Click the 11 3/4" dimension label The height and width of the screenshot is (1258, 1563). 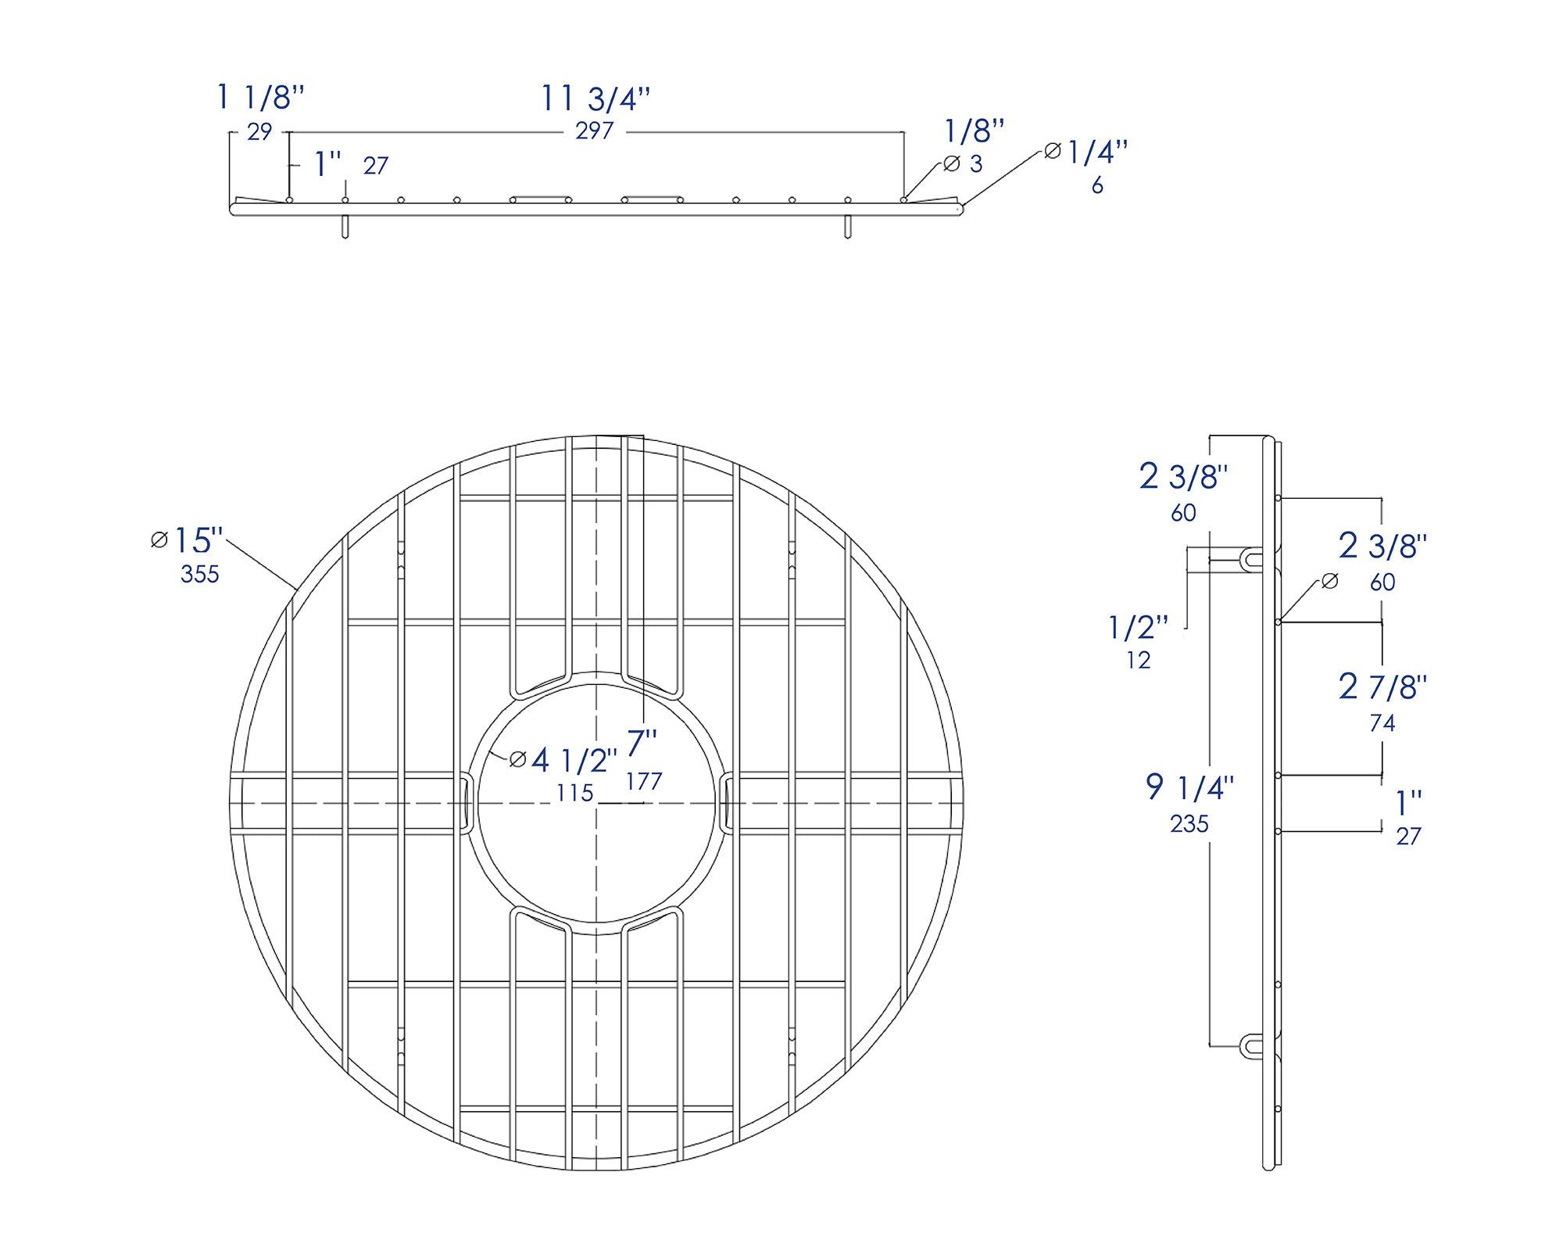(596, 99)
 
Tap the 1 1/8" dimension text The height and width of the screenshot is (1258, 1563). (259, 99)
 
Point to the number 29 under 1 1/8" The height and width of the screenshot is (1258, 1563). (259, 132)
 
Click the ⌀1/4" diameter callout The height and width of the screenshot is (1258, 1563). (1088, 152)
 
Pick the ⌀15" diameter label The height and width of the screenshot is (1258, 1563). (188, 540)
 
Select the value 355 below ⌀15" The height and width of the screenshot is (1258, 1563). (200, 575)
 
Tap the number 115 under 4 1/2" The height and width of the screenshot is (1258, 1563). (575, 793)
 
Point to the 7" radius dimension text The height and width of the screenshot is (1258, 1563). (642, 744)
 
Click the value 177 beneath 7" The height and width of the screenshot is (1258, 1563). (644, 781)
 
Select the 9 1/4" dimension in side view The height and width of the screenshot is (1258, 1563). (1189, 787)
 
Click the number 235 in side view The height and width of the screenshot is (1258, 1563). (1189, 823)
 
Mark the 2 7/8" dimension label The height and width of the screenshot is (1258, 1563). (1382, 687)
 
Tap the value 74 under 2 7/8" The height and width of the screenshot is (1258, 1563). (1382, 723)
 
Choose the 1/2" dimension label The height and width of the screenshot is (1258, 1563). (1138, 627)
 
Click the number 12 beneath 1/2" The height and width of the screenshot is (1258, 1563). (1139, 661)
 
